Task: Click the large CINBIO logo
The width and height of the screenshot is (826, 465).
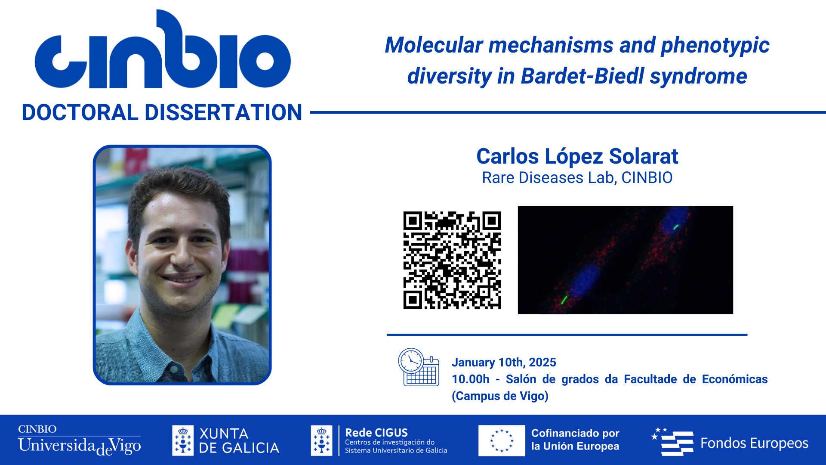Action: coord(163,50)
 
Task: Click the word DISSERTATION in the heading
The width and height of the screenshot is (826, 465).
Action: coord(223,113)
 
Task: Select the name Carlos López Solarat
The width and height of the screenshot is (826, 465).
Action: coord(577,156)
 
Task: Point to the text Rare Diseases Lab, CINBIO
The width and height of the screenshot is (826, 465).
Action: coord(577,178)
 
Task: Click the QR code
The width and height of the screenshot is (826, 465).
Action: coord(452,260)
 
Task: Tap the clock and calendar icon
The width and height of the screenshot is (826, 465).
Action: coord(419,367)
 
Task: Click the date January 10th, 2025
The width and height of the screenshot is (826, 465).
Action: coord(504,363)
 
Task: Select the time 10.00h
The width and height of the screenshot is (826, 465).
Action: coord(471,379)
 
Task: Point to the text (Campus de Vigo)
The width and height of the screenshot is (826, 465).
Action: coord(500,396)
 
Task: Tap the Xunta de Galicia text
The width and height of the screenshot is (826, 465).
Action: coord(239,440)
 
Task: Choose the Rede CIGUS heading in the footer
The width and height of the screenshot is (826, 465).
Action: coord(376,432)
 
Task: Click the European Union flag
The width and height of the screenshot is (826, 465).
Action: coord(502,440)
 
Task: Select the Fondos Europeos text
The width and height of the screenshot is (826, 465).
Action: coord(755,443)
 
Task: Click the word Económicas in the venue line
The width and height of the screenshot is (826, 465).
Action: coord(735,379)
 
